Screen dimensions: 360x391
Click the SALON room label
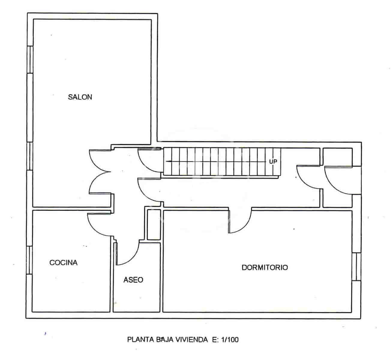click(x=80, y=97)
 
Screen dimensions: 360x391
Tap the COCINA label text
click(x=63, y=262)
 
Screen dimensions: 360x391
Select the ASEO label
click(x=133, y=280)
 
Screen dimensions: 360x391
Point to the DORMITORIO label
click(x=265, y=267)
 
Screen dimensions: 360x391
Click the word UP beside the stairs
click(x=273, y=161)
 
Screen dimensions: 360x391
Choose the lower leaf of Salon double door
click(x=98, y=184)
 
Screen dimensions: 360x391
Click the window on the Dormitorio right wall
click(x=356, y=267)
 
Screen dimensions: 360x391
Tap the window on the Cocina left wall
click(x=29, y=260)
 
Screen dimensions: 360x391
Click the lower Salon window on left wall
click(x=30, y=156)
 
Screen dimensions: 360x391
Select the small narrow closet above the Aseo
click(x=154, y=224)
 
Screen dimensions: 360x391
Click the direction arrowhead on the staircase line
click(x=168, y=161)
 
